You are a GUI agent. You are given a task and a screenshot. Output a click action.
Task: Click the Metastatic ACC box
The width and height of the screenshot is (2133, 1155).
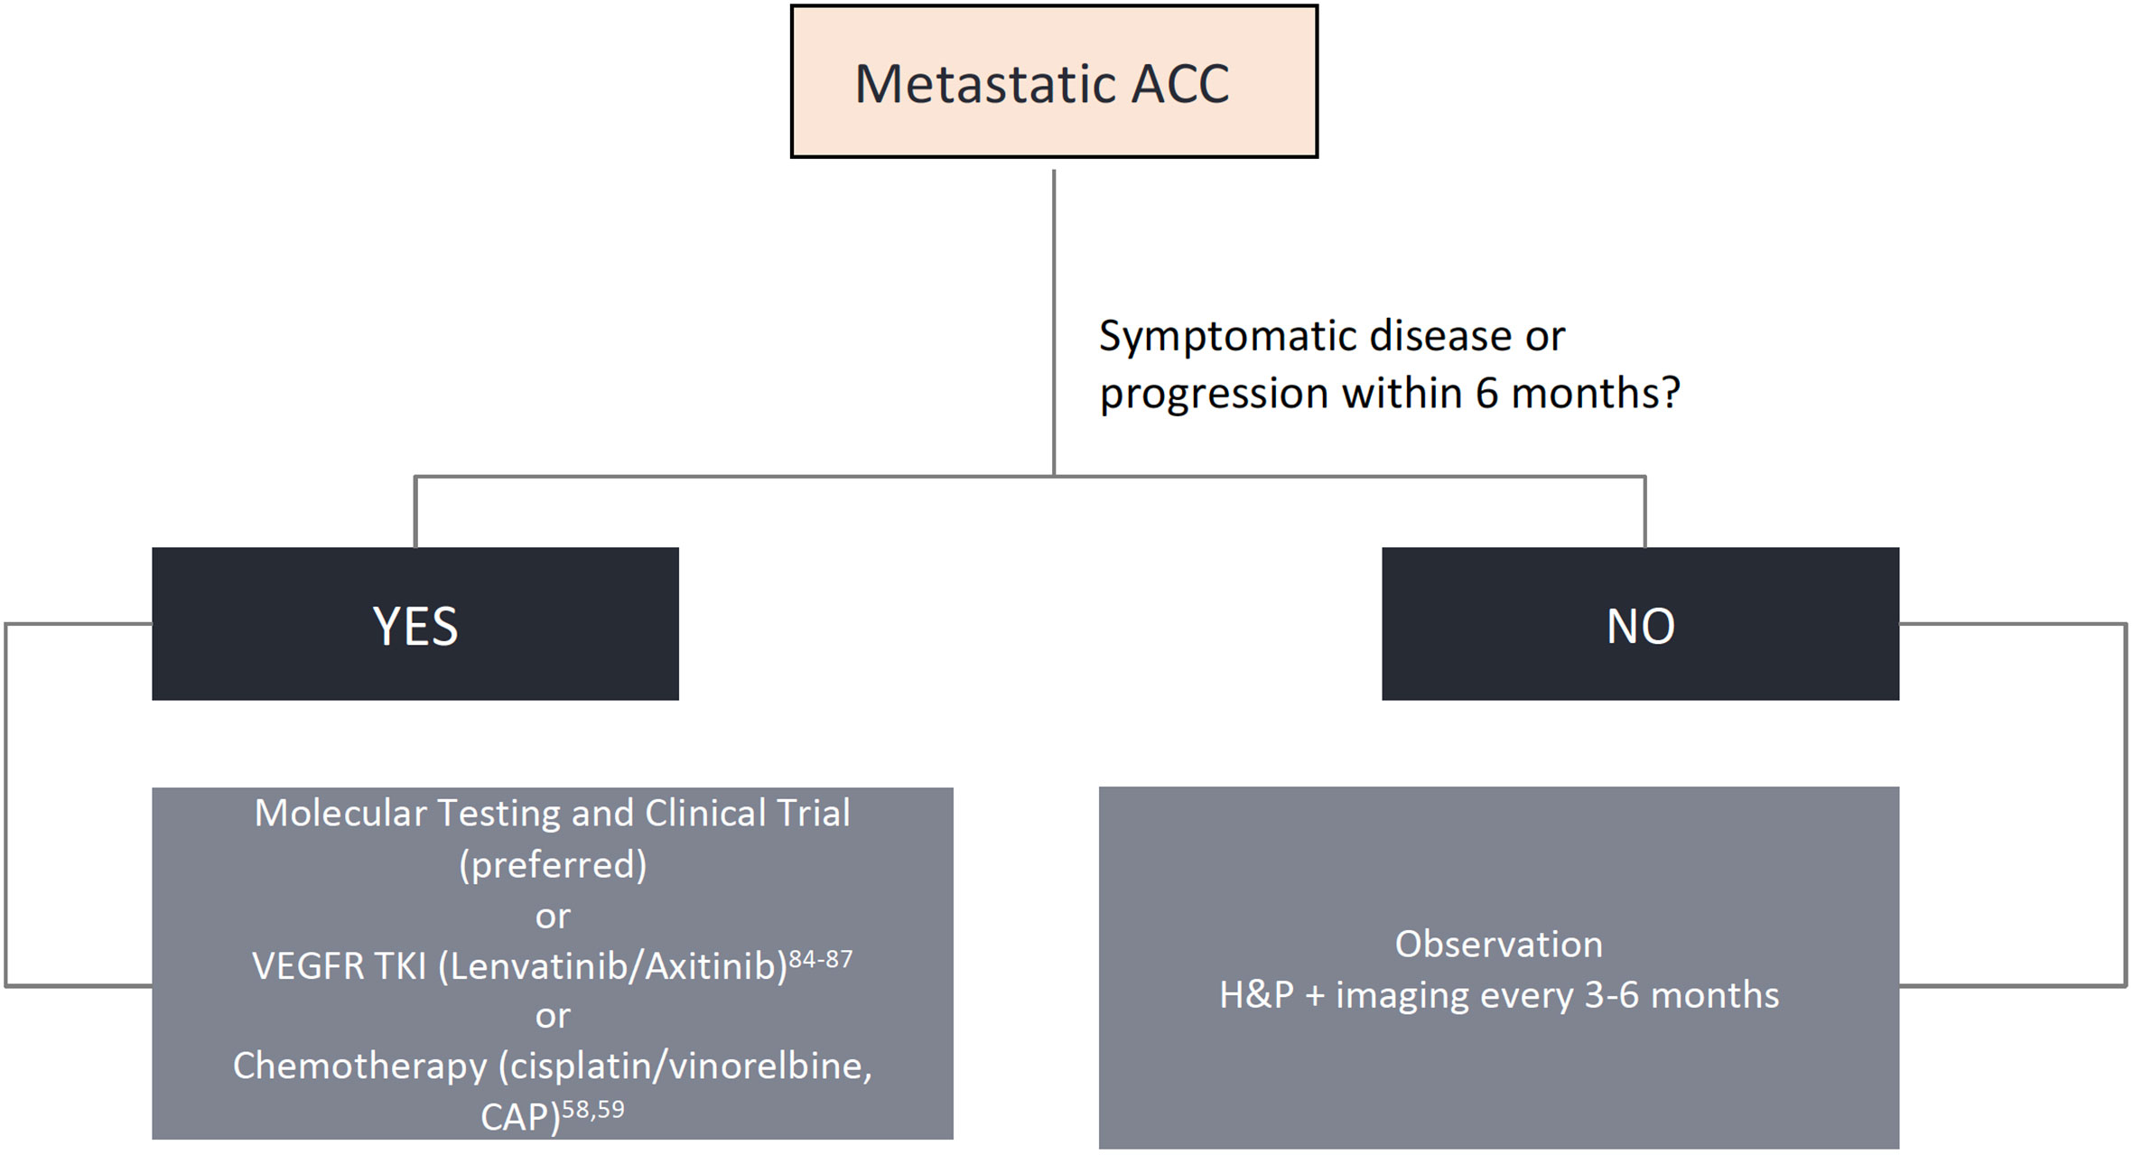[1054, 81]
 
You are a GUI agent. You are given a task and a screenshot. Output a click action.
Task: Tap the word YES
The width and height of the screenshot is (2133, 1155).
[415, 626]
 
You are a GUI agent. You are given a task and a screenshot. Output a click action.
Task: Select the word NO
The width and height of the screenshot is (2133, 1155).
[1640, 626]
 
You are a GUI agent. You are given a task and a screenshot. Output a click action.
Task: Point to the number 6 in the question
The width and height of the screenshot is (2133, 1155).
[1486, 393]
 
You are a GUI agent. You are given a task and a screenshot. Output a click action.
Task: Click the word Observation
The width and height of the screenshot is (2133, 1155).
[1499, 944]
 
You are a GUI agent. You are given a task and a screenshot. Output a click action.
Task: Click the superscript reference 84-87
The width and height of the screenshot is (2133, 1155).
[821, 958]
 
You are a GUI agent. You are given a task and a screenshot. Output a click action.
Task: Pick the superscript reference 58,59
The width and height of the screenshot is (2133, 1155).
[592, 1109]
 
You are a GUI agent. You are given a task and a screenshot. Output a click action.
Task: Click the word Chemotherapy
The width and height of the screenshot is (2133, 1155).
[359, 1067]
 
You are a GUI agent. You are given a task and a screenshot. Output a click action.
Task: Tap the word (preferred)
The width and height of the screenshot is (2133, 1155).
[553, 865]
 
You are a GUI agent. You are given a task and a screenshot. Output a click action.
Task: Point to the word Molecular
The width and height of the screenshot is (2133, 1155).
[340, 813]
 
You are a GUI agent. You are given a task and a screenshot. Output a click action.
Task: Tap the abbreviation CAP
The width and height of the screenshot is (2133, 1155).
[514, 1118]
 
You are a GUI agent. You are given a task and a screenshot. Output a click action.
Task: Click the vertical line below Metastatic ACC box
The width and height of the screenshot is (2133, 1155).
[1054, 322]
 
